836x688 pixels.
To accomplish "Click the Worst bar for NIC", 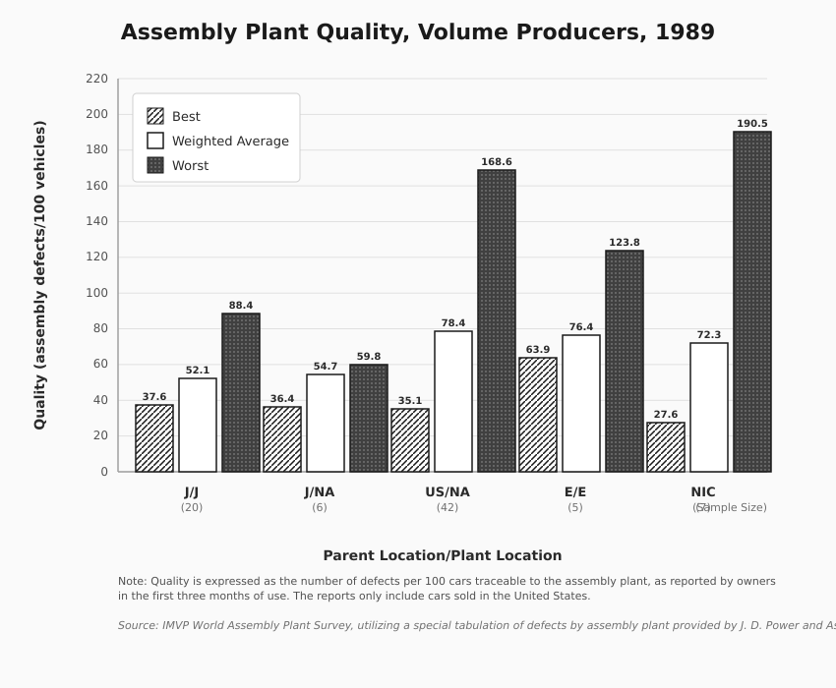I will (x=752, y=302).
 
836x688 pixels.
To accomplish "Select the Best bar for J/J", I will (x=154, y=438).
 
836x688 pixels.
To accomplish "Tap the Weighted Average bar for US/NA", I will (x=453, y=401).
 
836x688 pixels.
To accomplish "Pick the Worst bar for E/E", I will (x=625, y=361).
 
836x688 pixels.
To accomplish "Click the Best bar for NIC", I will (x=666, y=447).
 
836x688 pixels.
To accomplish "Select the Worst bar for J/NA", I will (x=369, y=418).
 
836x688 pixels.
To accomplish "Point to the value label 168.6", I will (x=497, y=162).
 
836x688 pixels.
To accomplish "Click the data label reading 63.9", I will (x=538, y=350).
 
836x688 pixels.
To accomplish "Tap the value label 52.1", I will (x=198, y=371).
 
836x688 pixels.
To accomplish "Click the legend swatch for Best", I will (x=155, y=116).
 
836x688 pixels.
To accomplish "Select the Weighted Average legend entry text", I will (x=230, y=141).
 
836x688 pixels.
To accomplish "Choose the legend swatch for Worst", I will (x=155, y=165).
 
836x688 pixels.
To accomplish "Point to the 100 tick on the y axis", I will (x=96, y=293).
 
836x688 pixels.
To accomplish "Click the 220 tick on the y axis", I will (x=96, y=79).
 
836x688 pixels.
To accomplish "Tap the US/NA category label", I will (x=448, y=491).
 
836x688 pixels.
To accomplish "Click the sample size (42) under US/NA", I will (x=448, y=507).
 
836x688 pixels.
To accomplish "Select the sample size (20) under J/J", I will (x=192, y=507).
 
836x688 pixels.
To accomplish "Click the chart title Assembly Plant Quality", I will (x=418, y=31).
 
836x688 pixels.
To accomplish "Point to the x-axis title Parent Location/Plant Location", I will (x=443, y=555).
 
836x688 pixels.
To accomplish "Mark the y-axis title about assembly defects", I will (x=39, y=275).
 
